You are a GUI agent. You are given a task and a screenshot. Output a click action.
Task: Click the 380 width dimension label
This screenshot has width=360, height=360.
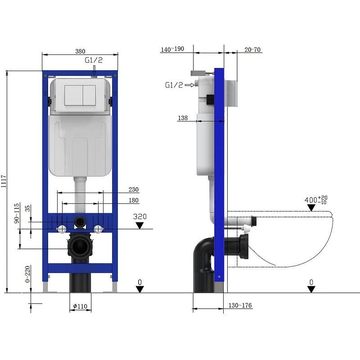click(80, 51)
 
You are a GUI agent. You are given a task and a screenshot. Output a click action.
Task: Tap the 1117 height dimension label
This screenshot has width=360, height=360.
click(4, 182)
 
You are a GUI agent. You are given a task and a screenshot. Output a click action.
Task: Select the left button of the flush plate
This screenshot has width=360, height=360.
click(73, 95)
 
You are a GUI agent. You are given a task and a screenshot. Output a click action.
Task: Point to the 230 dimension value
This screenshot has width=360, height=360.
click(134, 189)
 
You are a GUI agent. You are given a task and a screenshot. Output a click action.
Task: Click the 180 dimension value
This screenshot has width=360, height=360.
click(134, 200)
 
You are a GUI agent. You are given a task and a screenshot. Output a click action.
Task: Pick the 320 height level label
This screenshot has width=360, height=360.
click(140, 216)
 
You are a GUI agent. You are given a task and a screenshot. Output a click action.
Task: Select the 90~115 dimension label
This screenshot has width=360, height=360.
click(17, 213)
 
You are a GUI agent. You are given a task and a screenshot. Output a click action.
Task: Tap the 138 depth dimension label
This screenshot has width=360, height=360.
click(183, 117)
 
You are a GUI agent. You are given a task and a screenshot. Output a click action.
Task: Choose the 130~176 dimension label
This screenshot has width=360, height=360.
click(240, 306)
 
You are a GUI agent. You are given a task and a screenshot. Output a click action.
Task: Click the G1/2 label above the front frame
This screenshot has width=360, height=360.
click(93, 60)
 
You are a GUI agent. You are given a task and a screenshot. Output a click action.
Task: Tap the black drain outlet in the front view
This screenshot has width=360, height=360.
click(80, 247)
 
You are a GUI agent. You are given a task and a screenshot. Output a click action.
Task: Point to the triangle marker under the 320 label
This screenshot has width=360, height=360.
click(140, 225)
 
